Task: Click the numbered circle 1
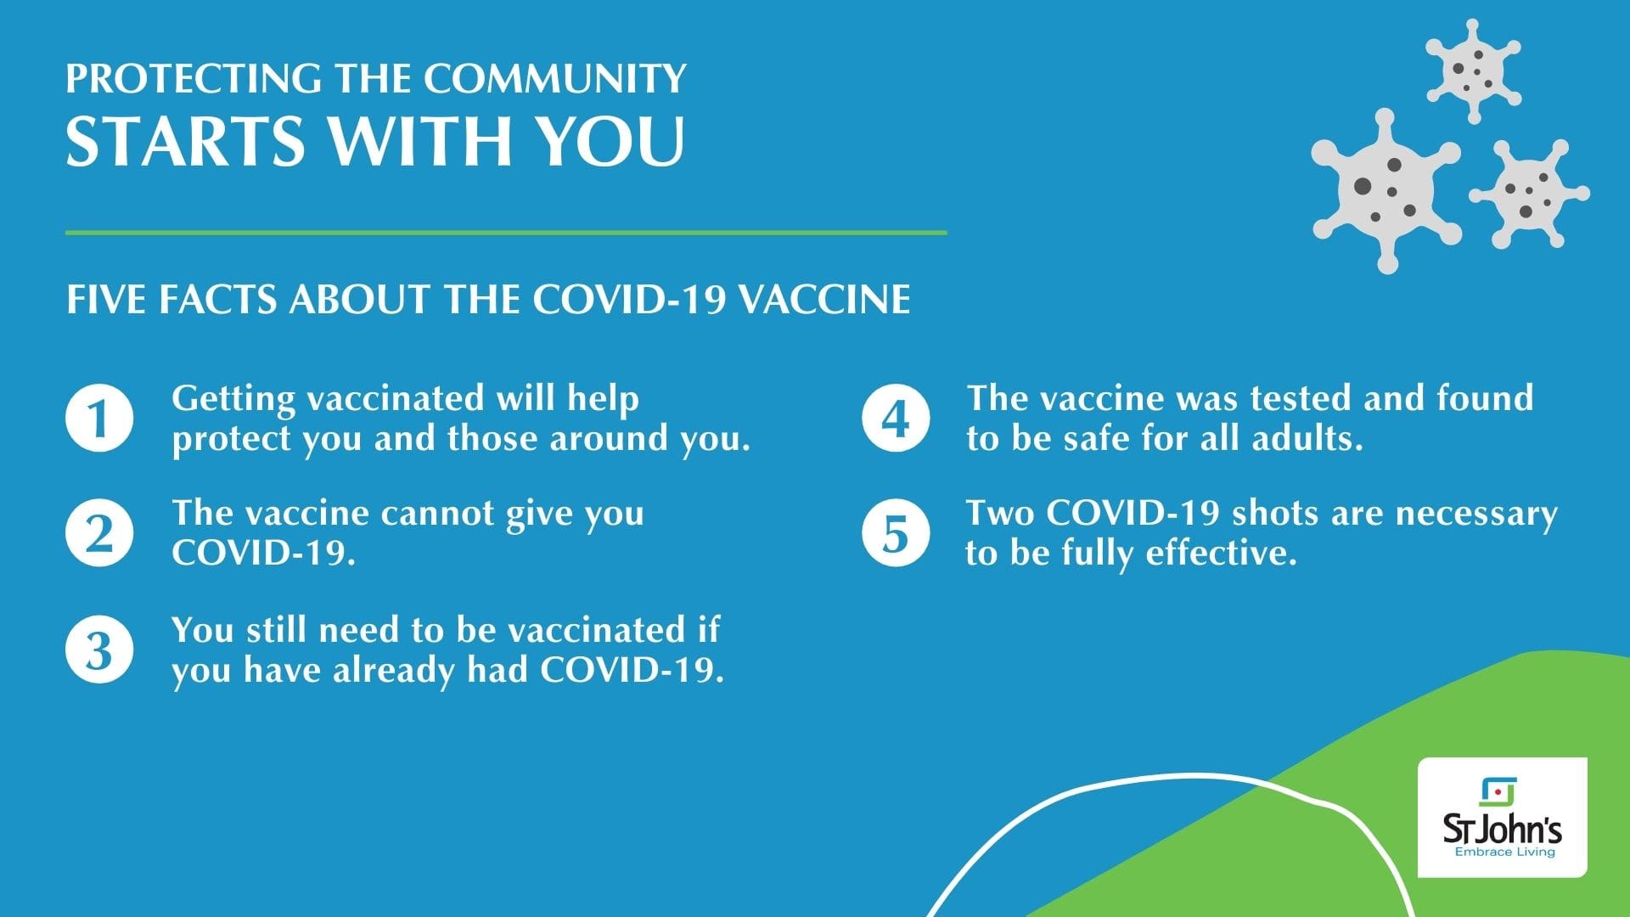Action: [99, 418]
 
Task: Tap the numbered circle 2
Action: [99, 533]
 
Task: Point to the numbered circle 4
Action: [896, 418]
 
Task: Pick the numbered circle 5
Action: [896, 533]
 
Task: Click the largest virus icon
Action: [1386, 190]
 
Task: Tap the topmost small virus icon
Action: [1473, 71]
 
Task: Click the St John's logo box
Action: [1502, 817]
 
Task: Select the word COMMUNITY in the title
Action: [555, 78]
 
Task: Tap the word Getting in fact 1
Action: [233, 399]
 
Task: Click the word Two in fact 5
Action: [999, 513]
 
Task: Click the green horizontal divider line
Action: [506, 232]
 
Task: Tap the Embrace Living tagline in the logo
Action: [1504, 852]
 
